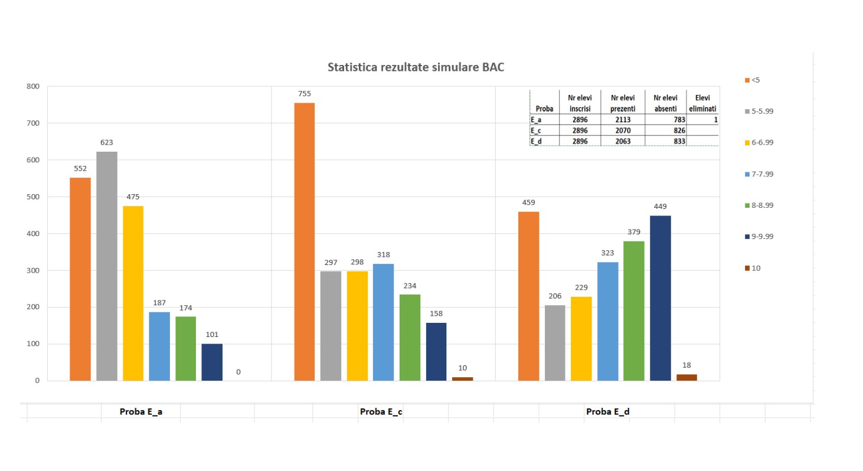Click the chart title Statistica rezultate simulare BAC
coord(416,68)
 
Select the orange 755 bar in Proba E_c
coord(304,241)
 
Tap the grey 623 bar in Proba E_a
coord(107,266)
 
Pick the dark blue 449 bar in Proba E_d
coord(660,298)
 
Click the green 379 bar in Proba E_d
coord(633,310)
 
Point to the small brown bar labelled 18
coord(687,377)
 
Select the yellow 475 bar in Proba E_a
coord(133,293)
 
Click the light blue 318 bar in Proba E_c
coord(383,322)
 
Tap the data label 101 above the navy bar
coord(212,335)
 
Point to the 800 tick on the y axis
coord(32,86)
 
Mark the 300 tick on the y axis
coord(32,270)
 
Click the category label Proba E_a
coord(141,412)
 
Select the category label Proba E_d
coord(607,412)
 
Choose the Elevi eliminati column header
coord(702,103)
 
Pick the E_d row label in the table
coord(537,140)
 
